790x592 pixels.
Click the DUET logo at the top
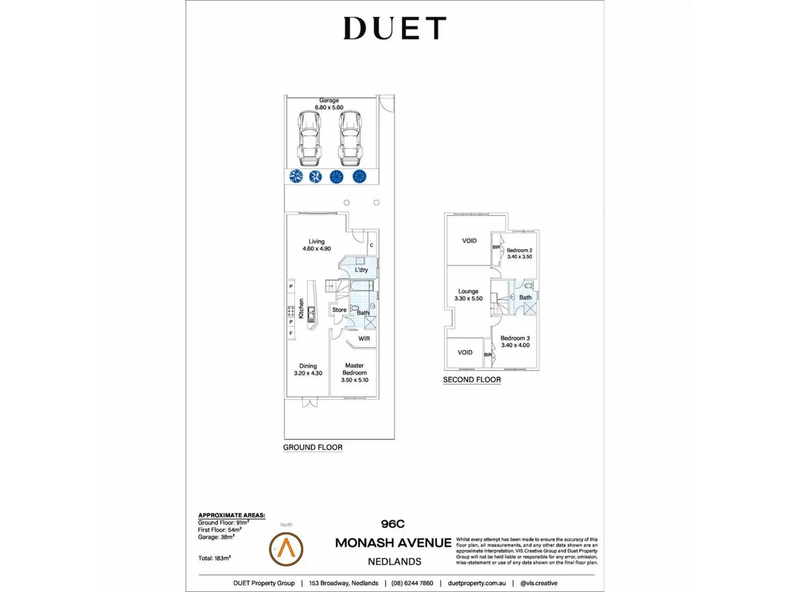click(394, 28)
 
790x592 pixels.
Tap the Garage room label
click(329, 100)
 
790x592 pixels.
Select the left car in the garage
click(309, 138)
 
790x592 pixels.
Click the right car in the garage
click(349, 138)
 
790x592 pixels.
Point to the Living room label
click(316, 241)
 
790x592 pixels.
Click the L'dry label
click(361, 270)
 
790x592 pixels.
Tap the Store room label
click(339, 310)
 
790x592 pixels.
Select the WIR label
click(364, 338)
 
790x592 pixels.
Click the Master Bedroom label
click(354, 369)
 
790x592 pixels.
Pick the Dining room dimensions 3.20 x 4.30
click(308, 373)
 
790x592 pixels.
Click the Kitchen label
click(301, 308)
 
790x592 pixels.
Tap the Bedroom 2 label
click(520, 250)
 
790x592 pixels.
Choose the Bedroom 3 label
click(515, 338)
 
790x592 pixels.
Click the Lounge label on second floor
click(468, 291)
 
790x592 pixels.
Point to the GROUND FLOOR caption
click(313, 447)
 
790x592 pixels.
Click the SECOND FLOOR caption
click(472, 380)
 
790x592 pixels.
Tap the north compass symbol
click(286, 549)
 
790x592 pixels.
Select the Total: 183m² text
click(215, 558)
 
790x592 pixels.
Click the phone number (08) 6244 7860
click(412, 583)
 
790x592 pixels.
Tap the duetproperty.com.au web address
click(477, 583)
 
